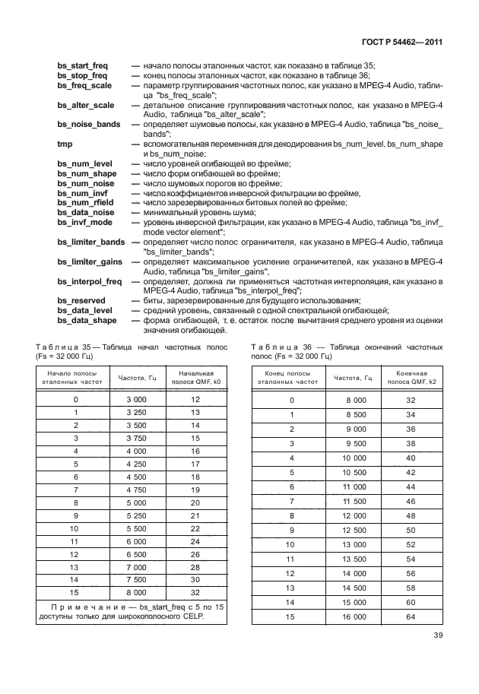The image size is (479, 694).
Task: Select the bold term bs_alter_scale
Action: tap(86, 105)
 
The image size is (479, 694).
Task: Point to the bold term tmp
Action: tap(65, 144)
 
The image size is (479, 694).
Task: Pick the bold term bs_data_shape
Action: tap(87, 320)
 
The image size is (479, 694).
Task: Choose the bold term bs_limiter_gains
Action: tap(91, 261)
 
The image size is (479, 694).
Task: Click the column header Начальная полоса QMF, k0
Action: tap(195, 378)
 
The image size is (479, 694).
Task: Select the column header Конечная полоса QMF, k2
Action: tap(411, 378)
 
